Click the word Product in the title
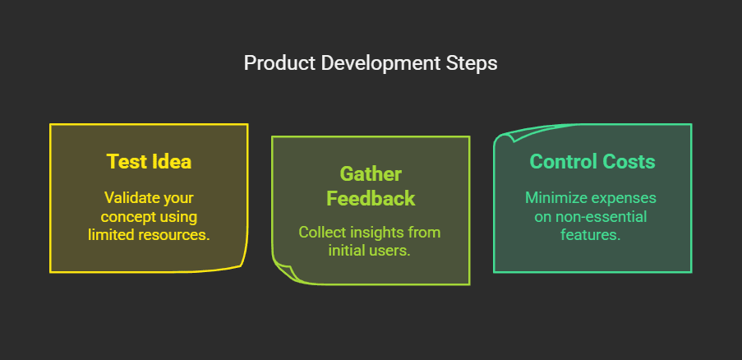(x=273, y=63)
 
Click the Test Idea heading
(x=149, y=161)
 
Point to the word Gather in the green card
(x=371, y=174)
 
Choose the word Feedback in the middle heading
(x=371, y=198)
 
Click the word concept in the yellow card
(x=127, y=216)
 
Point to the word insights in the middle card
(x=383, y=233)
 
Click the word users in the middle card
(x=391, y=251)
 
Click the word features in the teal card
(x=592, y=234)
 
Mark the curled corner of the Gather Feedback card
(x=283, y=273)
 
